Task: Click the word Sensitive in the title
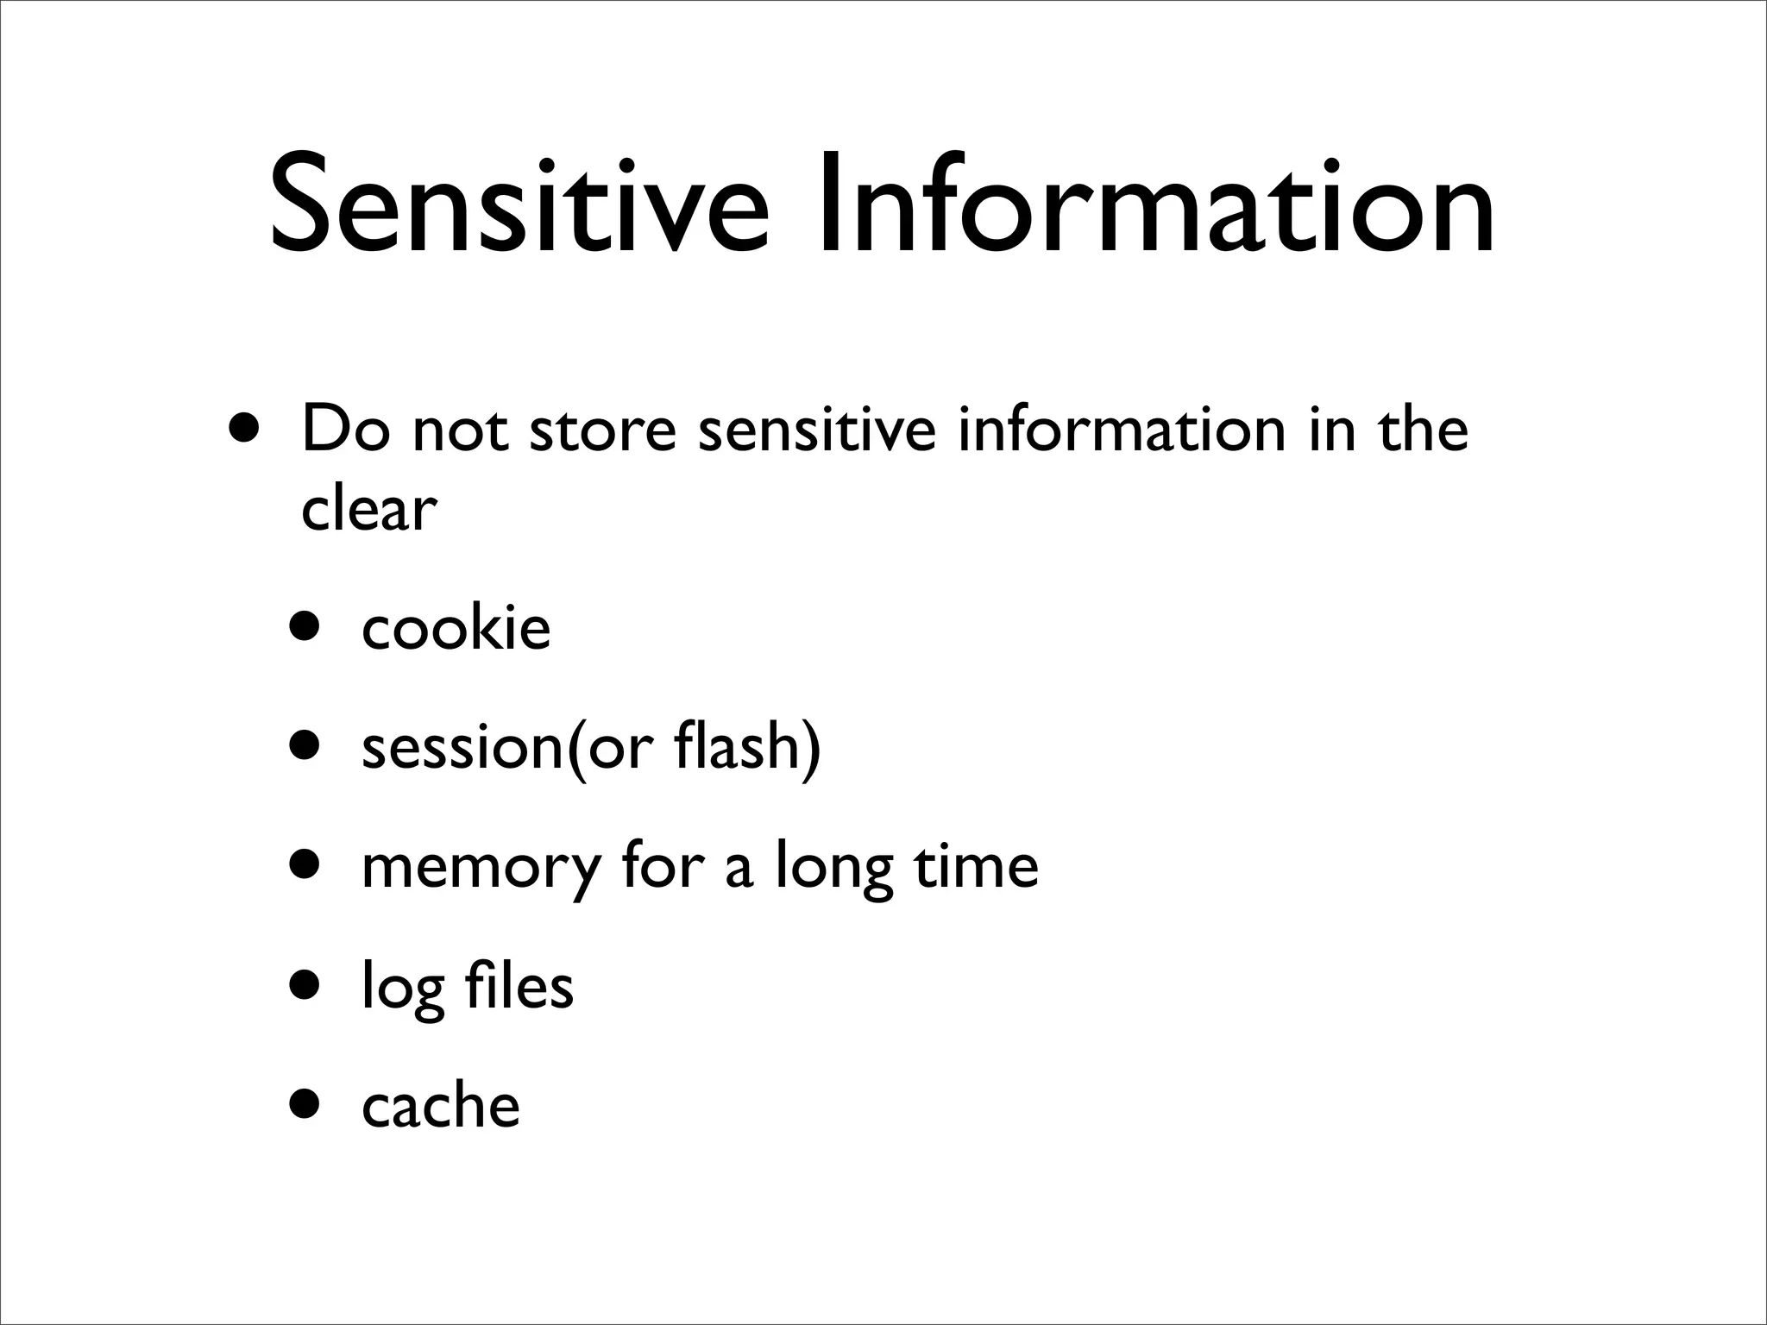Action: (x=518, y=204)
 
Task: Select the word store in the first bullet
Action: (x=602, y=430)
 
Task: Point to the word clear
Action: (x=369, y=509)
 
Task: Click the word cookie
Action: (x=456, y=628)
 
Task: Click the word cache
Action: (x=441, y=1105)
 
